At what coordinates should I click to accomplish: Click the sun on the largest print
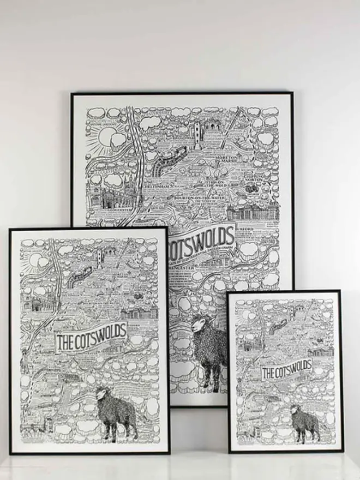pyautogui.click(x=104, y=136)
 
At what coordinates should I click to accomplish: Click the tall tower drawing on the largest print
pyautogui.click(x=197, y=133)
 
